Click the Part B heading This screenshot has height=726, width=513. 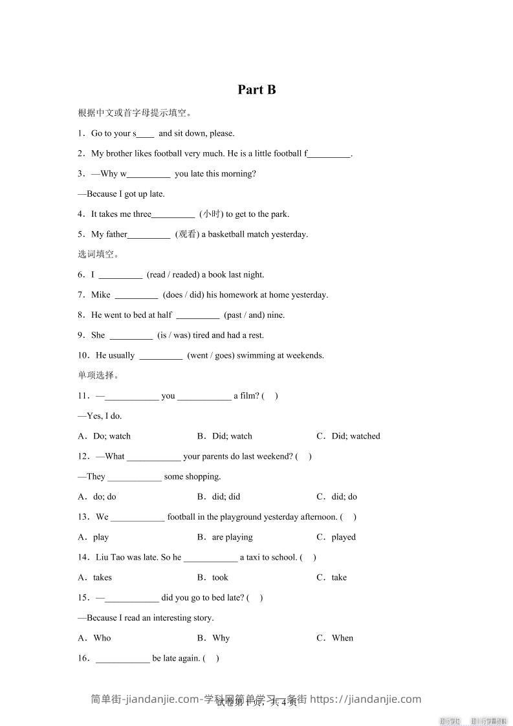(257, 90)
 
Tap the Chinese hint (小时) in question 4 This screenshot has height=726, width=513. (211, 214)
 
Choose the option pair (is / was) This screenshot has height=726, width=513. (174, 335)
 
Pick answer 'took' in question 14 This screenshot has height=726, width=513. (220, 577)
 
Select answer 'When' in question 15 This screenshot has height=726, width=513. (342, 638)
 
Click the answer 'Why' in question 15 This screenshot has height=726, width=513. (221, 638)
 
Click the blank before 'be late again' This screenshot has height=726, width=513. (123, 659)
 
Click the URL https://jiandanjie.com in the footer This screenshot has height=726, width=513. (366, 699)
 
